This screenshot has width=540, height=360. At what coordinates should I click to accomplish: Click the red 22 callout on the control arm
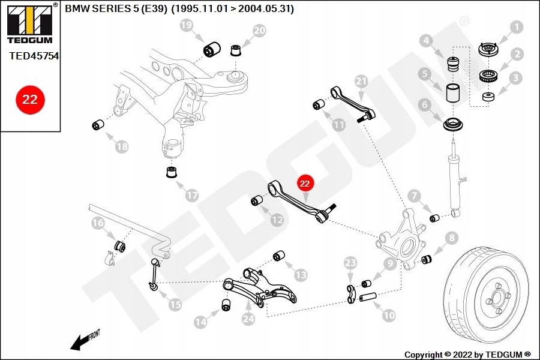click(305, 183)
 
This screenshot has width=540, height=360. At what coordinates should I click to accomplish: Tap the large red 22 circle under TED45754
click(30, 100)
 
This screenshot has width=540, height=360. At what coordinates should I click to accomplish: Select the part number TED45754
click(34, 56)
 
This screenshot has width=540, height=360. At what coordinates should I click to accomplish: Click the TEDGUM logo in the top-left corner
click(31, 24)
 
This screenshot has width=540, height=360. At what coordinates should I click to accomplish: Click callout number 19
click(187, 25)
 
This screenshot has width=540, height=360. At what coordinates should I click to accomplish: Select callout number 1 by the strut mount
click(516, 26)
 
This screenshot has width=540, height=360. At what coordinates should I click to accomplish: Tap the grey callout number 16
click(98, 223)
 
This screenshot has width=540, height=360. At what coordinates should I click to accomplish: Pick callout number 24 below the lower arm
click(248, 319)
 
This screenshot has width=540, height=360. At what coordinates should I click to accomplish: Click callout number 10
click(389, 315)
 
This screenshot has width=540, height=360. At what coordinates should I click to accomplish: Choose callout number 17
click(192, 196)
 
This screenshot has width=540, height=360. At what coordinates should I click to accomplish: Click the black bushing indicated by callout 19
click(212, 49)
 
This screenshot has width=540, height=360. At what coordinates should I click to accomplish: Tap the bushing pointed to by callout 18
click(99, 124)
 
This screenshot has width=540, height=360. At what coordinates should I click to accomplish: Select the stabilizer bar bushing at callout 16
click(119, 245)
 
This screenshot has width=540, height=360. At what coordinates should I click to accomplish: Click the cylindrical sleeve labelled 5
click(454, 92)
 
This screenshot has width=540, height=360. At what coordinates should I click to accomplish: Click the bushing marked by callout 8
click(427, 259)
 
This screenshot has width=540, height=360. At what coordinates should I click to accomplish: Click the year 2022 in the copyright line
click(462, 355)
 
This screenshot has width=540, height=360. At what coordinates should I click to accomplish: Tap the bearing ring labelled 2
click(488, 76)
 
